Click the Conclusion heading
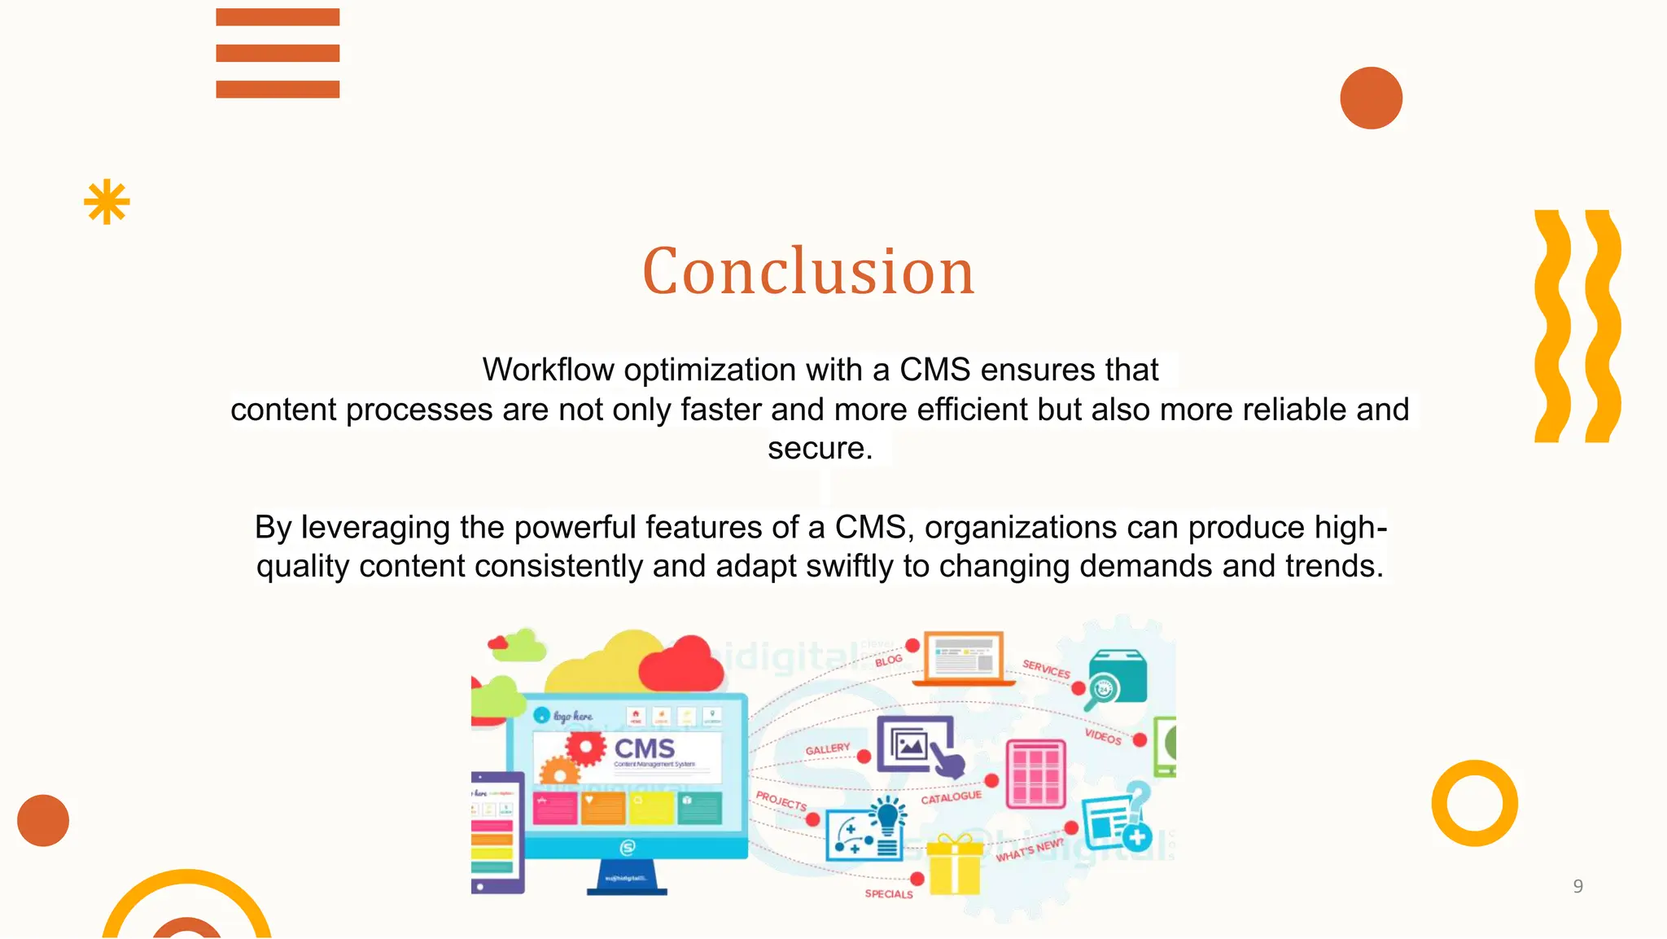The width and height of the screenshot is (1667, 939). (808, 271)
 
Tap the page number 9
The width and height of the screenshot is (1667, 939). (1577, 886)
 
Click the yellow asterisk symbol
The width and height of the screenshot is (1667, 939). (107, 202)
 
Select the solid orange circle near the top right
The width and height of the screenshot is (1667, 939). (1371, 98)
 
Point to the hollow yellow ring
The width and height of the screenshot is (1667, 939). (1474, 803)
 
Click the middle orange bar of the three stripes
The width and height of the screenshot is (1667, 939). (278, 53)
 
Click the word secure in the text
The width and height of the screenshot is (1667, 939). (819, 449)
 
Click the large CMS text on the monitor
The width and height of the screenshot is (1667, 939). (644, 748)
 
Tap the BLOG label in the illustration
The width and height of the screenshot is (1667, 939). (888, 660)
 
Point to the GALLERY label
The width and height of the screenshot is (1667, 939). (827, 749)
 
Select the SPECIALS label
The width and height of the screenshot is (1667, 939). (888, 894)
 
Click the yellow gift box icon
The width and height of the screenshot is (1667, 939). (954, 865)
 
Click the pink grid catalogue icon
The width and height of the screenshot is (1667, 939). (1035, 774)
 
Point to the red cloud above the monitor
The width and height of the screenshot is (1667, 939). (682, 665)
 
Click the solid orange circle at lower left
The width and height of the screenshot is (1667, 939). (43, 820)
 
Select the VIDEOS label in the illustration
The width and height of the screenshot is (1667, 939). (1103, 736)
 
